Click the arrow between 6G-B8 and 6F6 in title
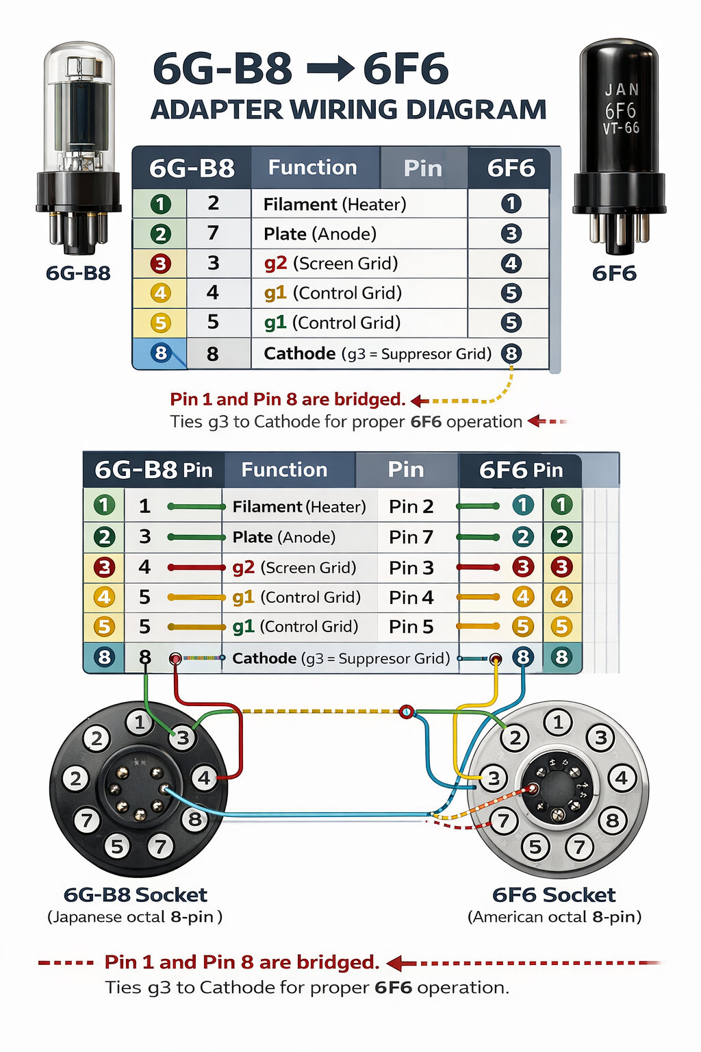click(x=330, y=69)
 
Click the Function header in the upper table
click(x=312, y=168)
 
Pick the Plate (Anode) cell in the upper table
click(x=320, y=234)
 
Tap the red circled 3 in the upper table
click(x=160, y=264)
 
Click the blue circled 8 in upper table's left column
click(x=160, y=353)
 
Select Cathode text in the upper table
click(x=299, y=353)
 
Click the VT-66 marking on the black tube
click(x=621, y=128)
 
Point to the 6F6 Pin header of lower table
click(x=520, y=470)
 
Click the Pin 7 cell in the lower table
click(x=411, y=537)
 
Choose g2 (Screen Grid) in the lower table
click(x=294, y=567)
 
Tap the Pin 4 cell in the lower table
click(x=411, y=597)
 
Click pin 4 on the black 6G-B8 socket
click(x=205, y=778)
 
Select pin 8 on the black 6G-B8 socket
click(x=195, y=818)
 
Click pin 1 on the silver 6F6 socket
click(x=558, y=722)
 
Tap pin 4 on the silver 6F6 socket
click(x=622, y=778)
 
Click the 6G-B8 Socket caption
click(x=135, y=894)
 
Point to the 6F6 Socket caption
click(x=554, y=894)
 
